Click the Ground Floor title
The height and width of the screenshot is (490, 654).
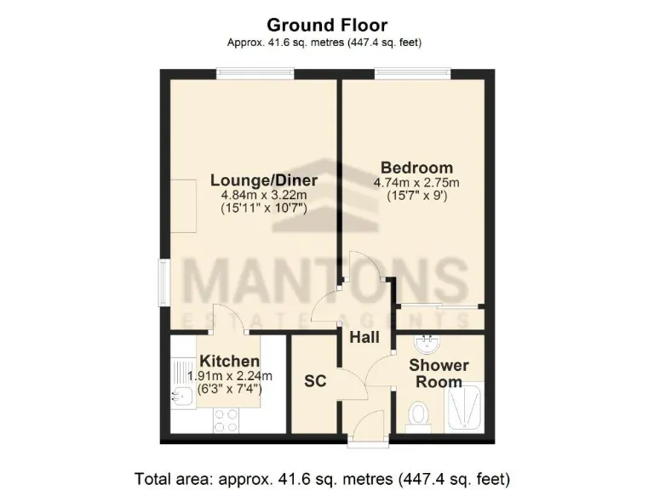pos(327,25)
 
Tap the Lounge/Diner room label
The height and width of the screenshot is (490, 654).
pos(264,180)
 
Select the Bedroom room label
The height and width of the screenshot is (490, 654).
pos(416,168)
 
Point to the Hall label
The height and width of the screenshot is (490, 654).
pos(364,337)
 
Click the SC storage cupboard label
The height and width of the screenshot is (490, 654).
pos(315,381)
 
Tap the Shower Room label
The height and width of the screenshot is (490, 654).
pos(439,373)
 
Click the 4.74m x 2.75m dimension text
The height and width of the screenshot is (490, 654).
pos(416,182)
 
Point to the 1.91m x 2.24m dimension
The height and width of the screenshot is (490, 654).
pos(230,376)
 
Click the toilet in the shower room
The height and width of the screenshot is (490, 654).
pos(418,416)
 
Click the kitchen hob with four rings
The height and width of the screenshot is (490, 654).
pos(226,419)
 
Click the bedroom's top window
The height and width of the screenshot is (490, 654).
pos(414,75)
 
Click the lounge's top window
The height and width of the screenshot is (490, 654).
pos(249,75)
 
